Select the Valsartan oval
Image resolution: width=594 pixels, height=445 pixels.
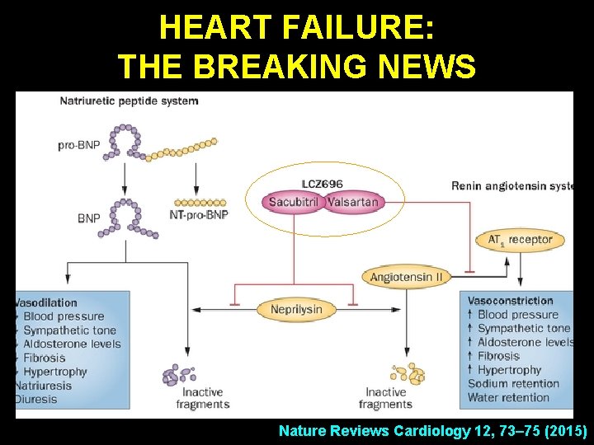353,202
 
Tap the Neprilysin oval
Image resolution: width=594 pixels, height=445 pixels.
296,310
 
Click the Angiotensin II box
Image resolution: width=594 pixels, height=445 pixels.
407,277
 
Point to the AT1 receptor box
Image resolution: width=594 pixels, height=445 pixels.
520,241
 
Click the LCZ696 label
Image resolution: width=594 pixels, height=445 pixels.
323,183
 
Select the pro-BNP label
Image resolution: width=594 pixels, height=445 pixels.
79,146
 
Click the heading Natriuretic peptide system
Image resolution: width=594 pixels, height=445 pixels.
129,101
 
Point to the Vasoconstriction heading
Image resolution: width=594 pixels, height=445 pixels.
510,301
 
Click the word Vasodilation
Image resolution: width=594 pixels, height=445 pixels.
47,302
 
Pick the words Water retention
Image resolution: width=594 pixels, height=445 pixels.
508,398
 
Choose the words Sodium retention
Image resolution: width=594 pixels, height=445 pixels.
513,384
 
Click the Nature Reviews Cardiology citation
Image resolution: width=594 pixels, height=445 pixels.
432,431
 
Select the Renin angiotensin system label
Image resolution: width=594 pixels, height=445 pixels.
511,186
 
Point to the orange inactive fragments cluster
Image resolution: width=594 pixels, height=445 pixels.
407,374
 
